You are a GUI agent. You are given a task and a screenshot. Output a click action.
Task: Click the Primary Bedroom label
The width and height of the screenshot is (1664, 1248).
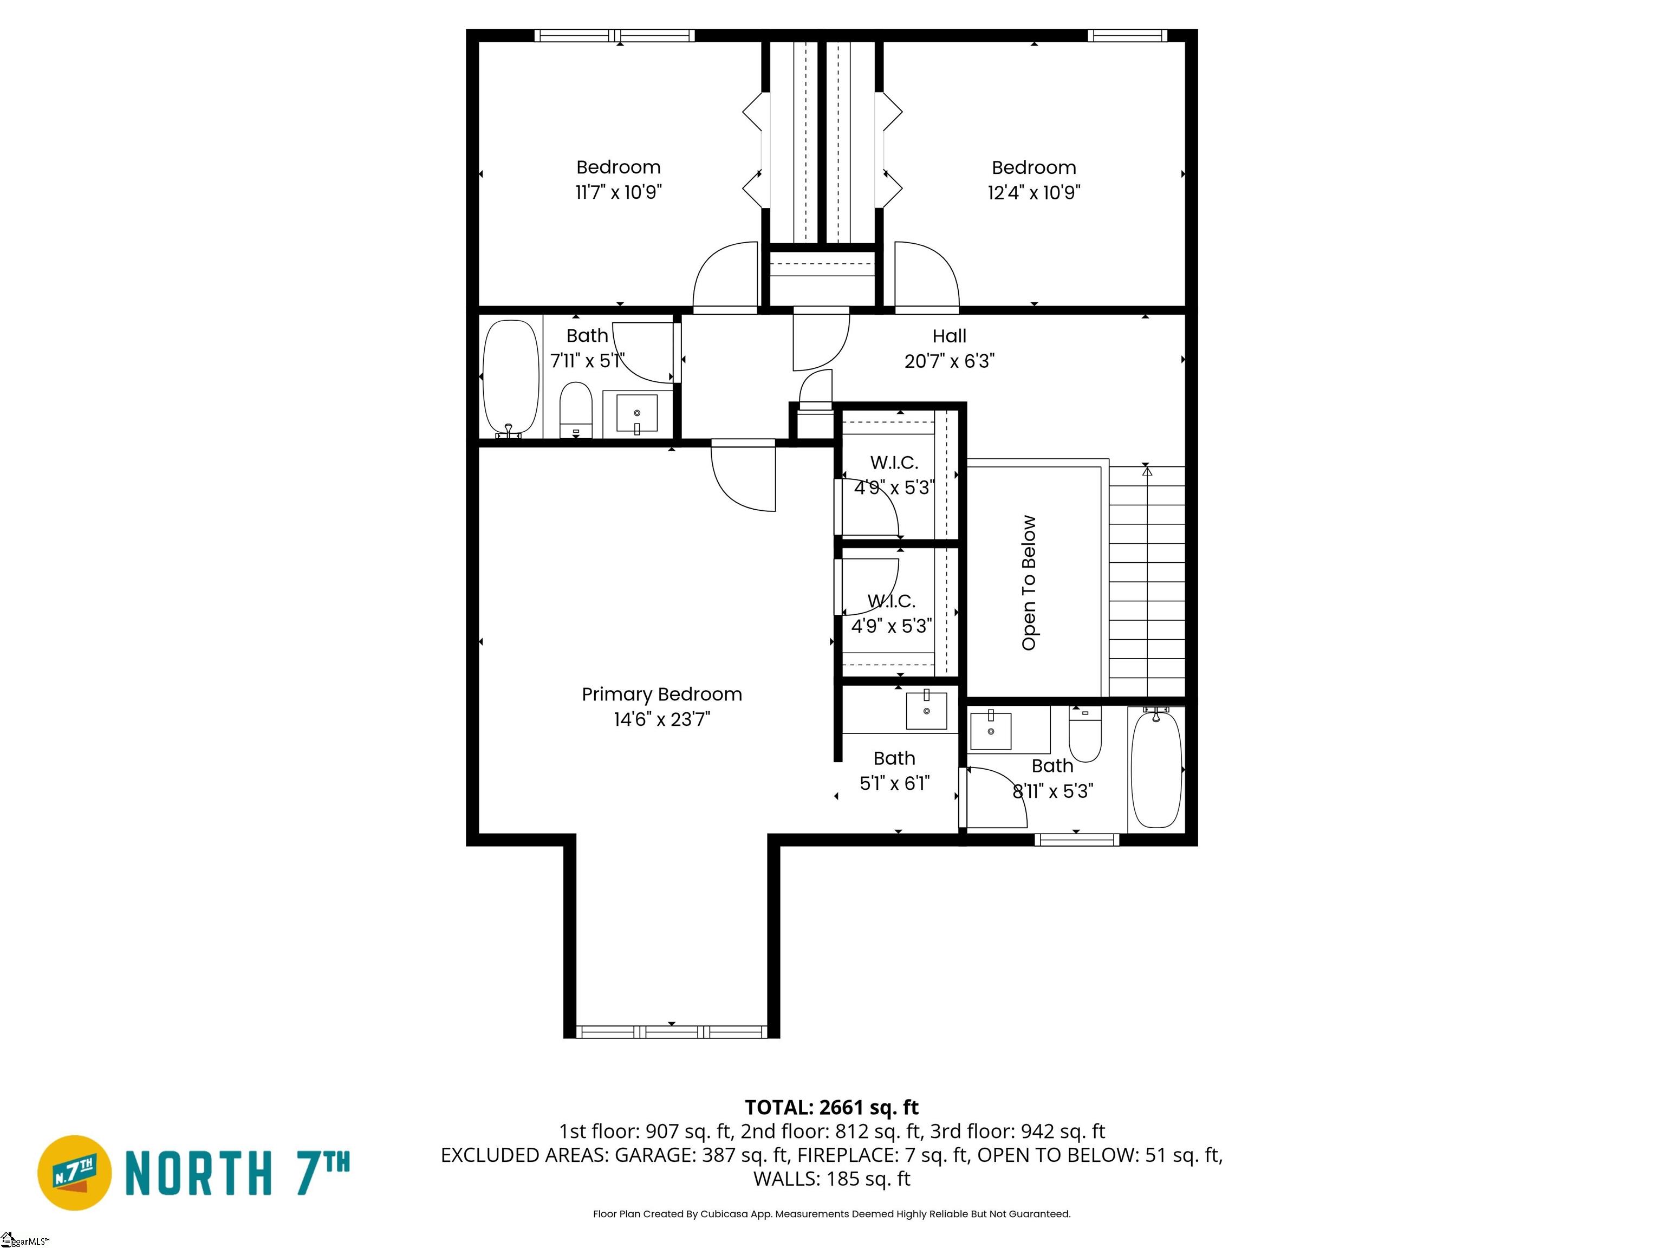pyautogui.click(x=661, y=694)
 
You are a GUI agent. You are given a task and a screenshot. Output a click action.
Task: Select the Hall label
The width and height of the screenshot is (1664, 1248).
pyautogui.click(x=950, y=336)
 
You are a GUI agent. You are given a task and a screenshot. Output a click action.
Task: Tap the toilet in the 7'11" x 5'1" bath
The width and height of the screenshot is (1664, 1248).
pyautogui.click(x=576, y=410)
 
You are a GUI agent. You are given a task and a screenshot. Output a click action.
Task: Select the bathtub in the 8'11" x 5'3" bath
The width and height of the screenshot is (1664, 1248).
pyautogui.click(x=1156, y=768)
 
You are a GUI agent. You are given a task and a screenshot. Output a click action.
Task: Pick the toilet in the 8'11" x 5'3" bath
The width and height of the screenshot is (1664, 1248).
pyautogui.click(x=1085, y=733)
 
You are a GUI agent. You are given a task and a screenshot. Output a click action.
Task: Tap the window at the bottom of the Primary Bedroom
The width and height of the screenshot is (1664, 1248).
pyautogui.click(x=672, y=1031)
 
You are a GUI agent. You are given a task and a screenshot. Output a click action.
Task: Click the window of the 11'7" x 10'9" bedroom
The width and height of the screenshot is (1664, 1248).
pyautogui.click(x=615, y=35)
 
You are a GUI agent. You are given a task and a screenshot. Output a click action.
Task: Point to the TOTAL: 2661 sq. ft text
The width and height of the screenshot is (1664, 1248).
pyautogui.click(x=831, y=1107)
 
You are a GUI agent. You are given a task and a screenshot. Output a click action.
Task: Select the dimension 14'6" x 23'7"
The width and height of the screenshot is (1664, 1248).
pyautogui.click(x=661, y=720)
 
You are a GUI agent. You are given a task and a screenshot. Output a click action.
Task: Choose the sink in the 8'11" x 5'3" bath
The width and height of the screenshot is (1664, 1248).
pyautogui.click(x=991, y=730)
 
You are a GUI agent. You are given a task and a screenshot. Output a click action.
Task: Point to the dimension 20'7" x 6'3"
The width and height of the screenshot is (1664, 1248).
pyautogui.click(x=950, y=362)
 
